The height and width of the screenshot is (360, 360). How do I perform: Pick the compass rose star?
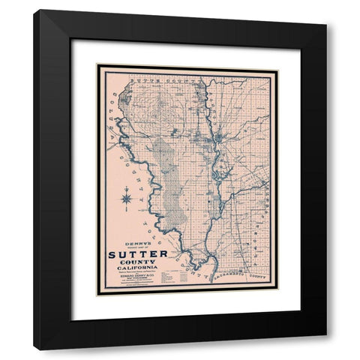pyautogui.click(x=127, y=199)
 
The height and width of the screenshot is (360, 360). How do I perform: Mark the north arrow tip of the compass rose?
pyautogui.click(x=127, y=189)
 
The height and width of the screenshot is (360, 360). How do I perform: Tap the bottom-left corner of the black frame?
pyautogui.click(x=34, y=349)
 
